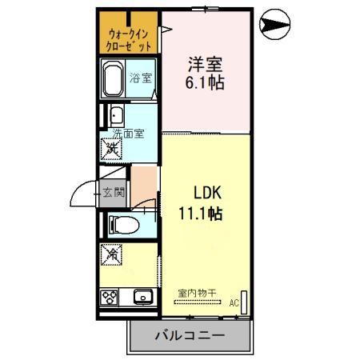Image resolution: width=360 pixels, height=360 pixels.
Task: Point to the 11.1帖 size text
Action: click(199, 214)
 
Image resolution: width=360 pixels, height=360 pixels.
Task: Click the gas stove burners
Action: click(110, 298)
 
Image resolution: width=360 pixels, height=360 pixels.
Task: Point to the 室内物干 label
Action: click(195, 294)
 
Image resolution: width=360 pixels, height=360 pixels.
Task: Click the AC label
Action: click(234, 303)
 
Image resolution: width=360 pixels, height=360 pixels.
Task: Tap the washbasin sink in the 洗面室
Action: click(116, 114)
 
